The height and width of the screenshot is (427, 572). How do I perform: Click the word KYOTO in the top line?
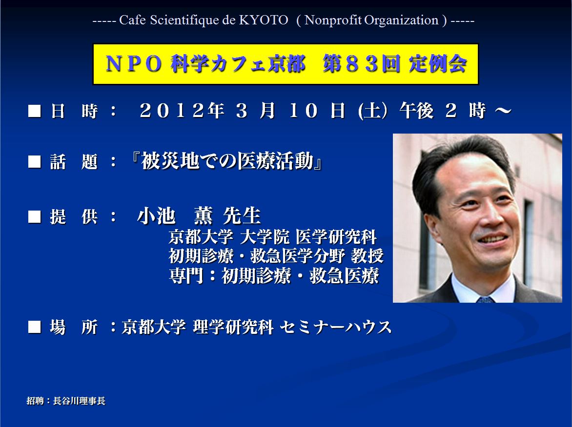(264, 20)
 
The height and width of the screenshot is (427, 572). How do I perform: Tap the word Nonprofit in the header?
(333, 20)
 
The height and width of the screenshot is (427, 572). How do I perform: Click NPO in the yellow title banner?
(133, 64)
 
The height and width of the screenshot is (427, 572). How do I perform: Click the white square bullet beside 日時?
(35, 111)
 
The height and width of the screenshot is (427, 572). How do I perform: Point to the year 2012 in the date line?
(172, 110)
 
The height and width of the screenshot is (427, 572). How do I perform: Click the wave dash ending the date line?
(503, 110)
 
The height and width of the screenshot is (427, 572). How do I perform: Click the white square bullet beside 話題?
(35, 161)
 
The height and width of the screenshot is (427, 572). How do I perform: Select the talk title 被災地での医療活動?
(227, 161)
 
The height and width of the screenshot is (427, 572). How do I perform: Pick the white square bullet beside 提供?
(35, 216)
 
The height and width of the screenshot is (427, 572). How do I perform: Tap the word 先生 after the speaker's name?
(242, 215)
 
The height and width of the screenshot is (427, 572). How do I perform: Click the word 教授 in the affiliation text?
(367, 255)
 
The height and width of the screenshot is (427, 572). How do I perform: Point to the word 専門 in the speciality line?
(186, 275)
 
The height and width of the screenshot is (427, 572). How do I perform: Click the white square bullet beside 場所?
(35, 327)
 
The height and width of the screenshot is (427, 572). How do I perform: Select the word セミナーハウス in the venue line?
(336, 327)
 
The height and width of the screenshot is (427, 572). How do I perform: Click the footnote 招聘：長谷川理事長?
(66, 401)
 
